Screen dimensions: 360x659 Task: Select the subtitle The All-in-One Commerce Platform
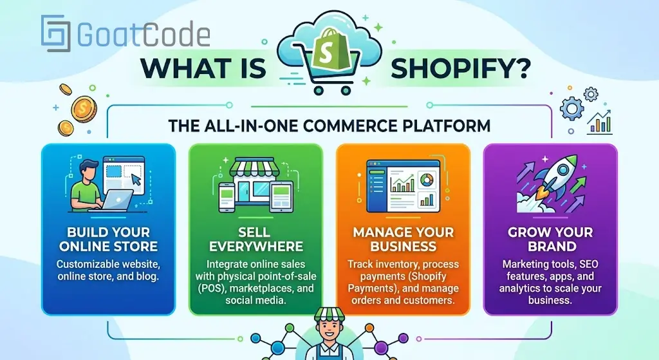(x=329, y=125)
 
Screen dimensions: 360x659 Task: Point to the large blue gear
(x=571, y=108)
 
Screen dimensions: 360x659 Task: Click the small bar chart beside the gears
(x=600, y=122)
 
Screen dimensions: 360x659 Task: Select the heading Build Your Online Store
(x=108, y=239)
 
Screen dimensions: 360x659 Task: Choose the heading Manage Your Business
(x=404, y=239)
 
